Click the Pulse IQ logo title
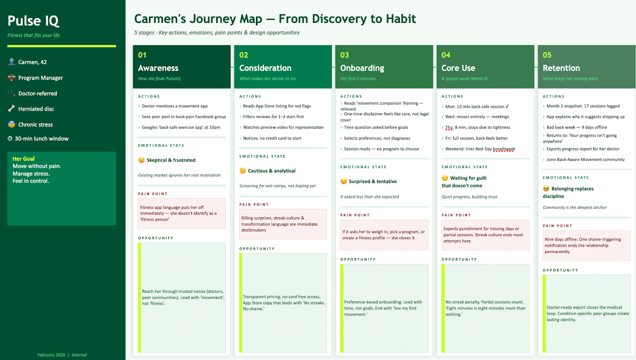pyautogui.click(x=33, y=21)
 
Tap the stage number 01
pyautogui.click(x=143, y=55)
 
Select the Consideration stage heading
pyautogui.click(x=265, y=68)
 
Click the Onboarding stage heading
pyautogui.click(x=362, y=68)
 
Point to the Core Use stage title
pyautogui.click(x=458, y=68)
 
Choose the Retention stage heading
pyautogui.click(x=561, y=68)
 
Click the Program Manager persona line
pyautogui.click(x=40, y=78)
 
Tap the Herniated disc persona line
pyautogui.click(x=36, y=109)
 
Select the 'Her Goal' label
pyautogui.click(x=23, y=159)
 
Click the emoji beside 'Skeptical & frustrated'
pyautogui.click(x=142, y=160)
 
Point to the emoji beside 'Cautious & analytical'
pyautogui.click(x=242, y=171)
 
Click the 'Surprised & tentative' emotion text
pyautogui.click(x=372, y=181)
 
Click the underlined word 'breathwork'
pyautogui.click(x=504, y=149)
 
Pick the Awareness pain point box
pyautogui.click(x=182, y=213)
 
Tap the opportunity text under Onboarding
pyautogui.click(x=383, y=308)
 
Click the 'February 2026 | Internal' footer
pyautogui.click(x=62, y=355)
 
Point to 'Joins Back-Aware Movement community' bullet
pyautogui.click(x=585, y=160)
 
